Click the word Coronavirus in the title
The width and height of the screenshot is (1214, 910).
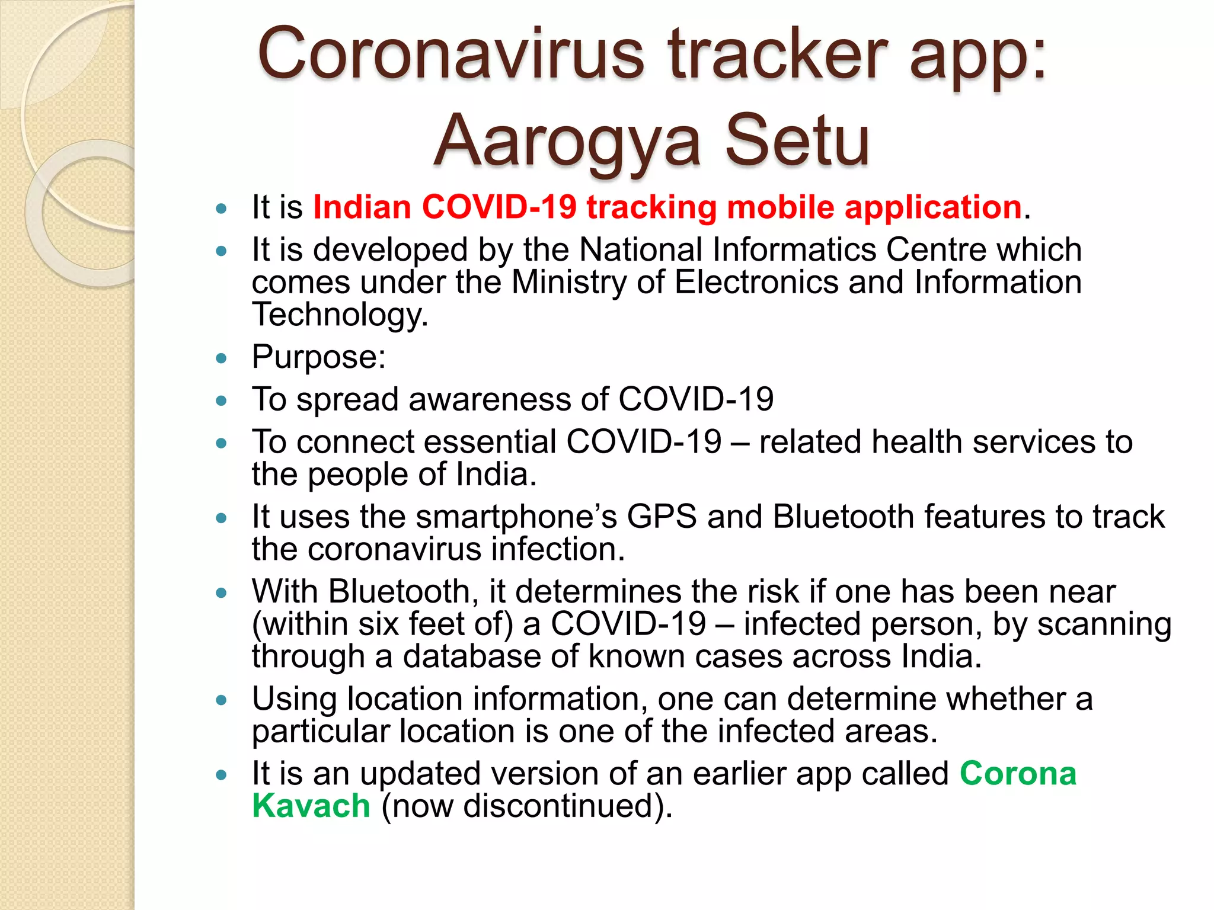(451, 55)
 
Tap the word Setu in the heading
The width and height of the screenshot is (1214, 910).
(797, 141)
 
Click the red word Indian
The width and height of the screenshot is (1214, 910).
(362, 207)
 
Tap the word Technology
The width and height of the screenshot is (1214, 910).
(339, 315)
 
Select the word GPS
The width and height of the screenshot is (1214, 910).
(662, 517)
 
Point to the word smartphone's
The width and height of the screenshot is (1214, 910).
(516, 518)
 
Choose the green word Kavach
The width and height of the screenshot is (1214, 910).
(311, 806)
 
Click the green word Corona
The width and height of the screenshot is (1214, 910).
(1018, 774)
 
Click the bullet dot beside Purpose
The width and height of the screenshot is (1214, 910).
(222, 358)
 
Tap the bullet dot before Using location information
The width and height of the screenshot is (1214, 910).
(222, 700)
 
